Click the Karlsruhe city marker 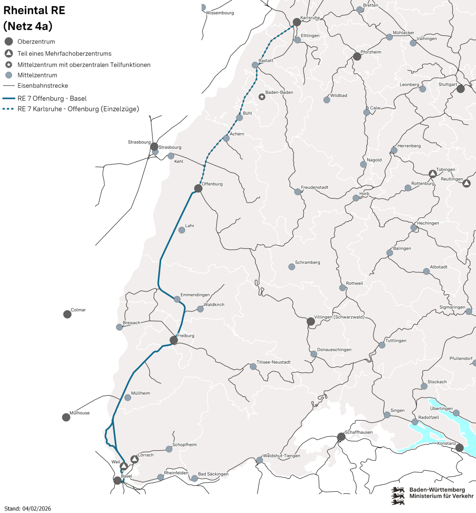tap(297, 22)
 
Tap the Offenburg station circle tap(198, 188)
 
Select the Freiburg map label tap(186, 336)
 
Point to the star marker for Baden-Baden tap(262, 97)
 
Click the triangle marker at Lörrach tap(135, 459)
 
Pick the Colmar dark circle tap(67, 314)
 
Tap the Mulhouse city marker tap(66, 417)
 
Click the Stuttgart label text tap(447, 84)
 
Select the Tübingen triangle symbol tap(433, 174)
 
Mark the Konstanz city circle tap(459, 448)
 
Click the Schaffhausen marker tap(341, 437)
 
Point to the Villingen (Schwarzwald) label tap(339, 317)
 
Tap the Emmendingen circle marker tap(177, 299)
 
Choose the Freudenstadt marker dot tap(298, 192)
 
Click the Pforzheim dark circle tap(357, 57)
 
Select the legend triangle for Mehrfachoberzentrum tap(9, 54)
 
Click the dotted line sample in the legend tap(8, 109)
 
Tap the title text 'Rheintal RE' tap(34, 11)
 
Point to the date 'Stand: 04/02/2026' tap(27, 509)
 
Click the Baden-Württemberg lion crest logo tap(398, 495)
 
